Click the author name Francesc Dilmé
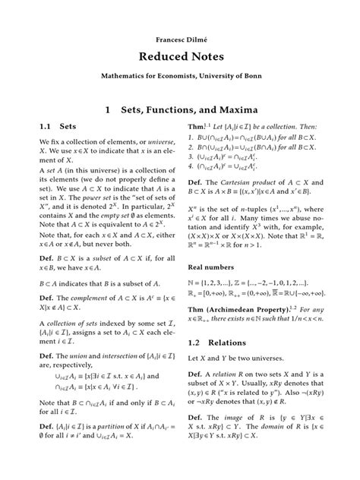(179, 36)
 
